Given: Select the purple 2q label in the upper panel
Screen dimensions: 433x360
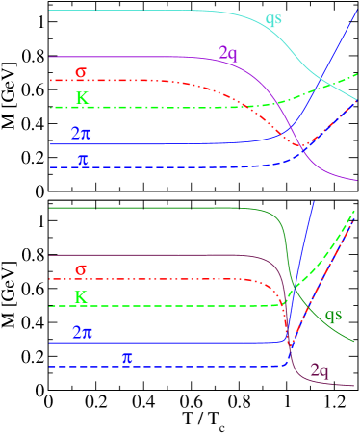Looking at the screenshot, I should (227, 53).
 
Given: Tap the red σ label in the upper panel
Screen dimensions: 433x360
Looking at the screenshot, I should (81, 72).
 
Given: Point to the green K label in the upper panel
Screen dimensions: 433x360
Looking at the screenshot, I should (83, 98).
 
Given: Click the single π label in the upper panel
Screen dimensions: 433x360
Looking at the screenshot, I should (83, 160).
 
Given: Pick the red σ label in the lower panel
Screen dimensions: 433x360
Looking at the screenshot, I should (81, 270).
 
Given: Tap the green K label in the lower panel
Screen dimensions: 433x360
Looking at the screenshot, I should (81, 297).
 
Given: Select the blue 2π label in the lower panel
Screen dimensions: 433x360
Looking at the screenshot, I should (82, 333).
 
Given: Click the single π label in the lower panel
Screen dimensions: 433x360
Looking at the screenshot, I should (127, 358).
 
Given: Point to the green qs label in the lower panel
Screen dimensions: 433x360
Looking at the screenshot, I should (333, 315).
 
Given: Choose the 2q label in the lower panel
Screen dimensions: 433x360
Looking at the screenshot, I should (320, 370).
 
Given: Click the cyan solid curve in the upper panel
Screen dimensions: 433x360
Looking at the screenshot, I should (144, 10).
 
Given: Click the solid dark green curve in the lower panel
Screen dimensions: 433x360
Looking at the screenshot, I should (144, 207).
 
